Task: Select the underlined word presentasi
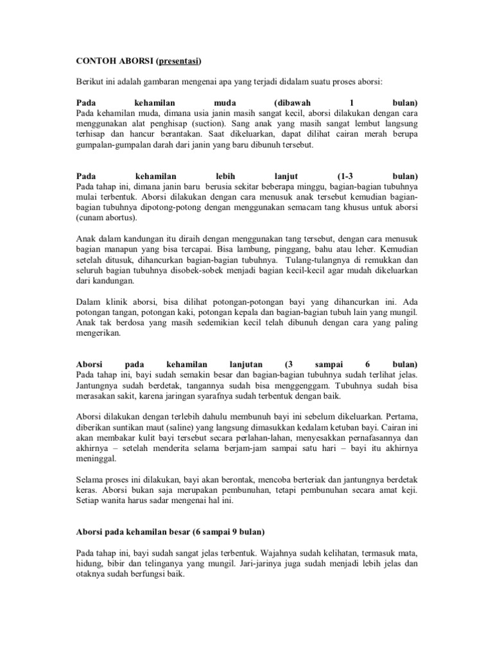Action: (178, 62)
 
